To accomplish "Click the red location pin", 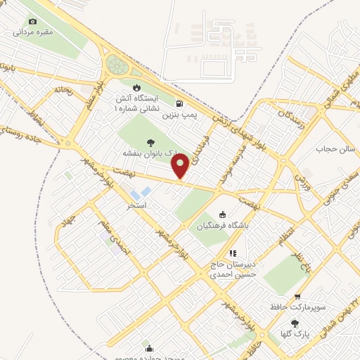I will pos(181,166).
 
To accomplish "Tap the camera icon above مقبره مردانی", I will pos(32,22).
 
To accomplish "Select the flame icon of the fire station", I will pos(146,87).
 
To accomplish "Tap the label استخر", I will pos(136,206).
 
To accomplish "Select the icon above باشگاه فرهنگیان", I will pos(223,214).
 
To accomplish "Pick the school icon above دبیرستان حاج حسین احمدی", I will pos(233,253).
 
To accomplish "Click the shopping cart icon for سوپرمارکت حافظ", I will pos(298,297).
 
